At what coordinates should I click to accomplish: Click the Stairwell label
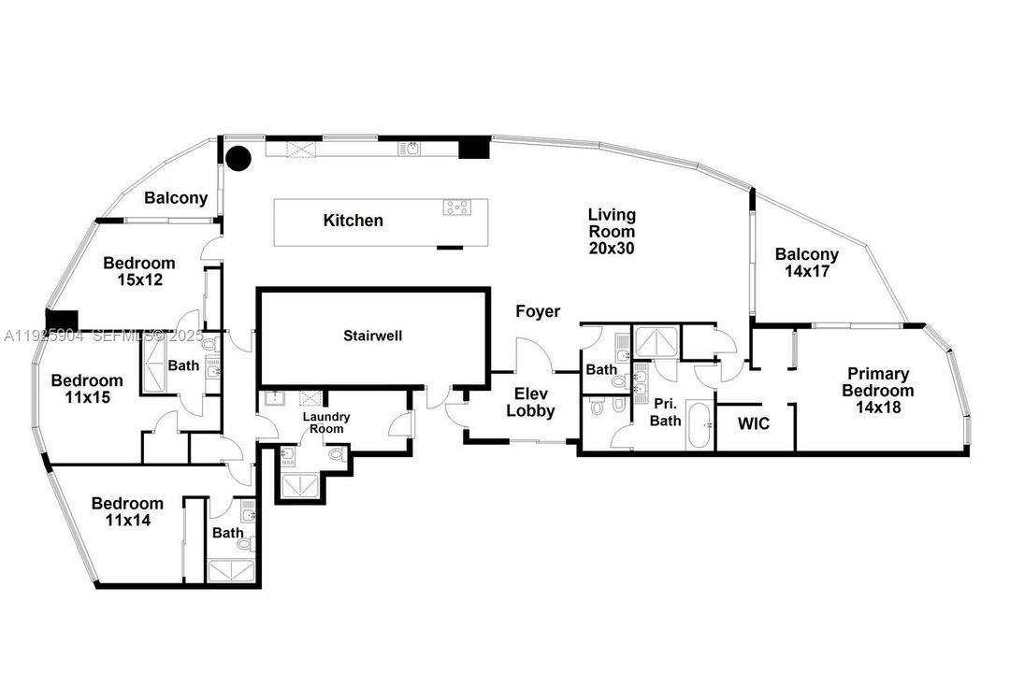[372, 335]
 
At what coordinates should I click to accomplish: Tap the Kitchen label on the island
[353, 221]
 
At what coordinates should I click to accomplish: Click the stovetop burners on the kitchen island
[457, 208]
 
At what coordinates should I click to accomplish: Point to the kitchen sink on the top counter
[409, 148]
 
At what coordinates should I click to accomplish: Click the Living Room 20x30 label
[612, 232]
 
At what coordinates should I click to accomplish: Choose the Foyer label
[538, 311]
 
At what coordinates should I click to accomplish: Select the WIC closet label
[753, 424]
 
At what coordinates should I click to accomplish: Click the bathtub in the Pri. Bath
[699, 426]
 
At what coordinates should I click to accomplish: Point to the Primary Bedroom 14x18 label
[878, 391]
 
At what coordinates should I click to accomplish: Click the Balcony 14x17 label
[806, 262]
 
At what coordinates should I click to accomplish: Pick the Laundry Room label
[326, 422]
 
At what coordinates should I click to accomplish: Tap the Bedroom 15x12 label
[139, 271]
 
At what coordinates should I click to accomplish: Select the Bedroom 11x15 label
[86, 389]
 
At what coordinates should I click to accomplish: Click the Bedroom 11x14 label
[127, 511]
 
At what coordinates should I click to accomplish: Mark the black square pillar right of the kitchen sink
[474, 148]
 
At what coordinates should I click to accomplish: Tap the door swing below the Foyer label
[533, 355]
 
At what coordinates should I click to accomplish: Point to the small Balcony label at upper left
[176, 198]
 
